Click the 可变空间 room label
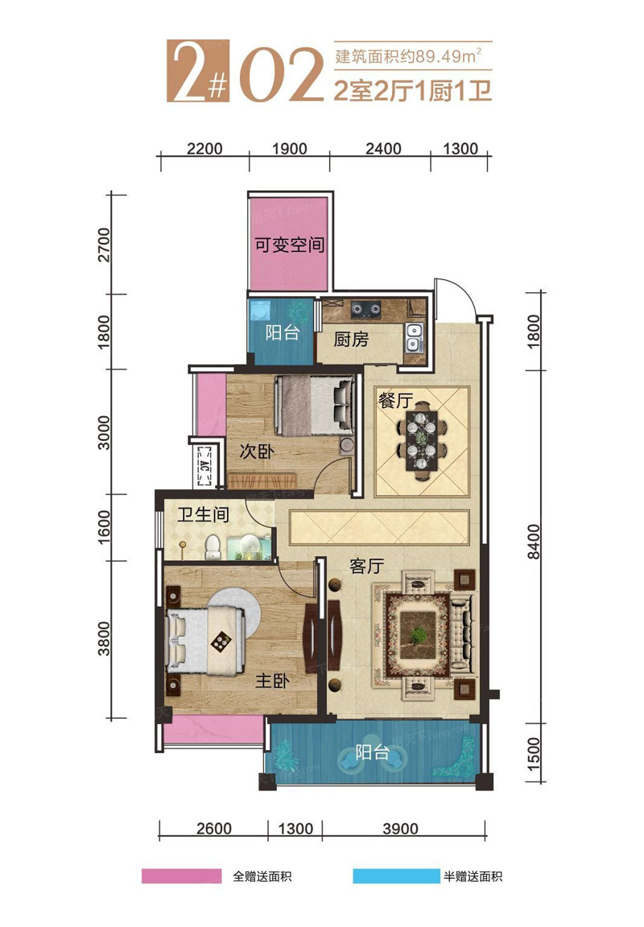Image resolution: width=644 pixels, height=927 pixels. click(x=290, y=245)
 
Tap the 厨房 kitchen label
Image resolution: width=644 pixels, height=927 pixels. click(x=351, y=340)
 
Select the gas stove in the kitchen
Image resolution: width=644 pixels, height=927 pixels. click(x=366, y=308)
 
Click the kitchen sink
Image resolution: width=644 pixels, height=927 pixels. click(x=414, y=337)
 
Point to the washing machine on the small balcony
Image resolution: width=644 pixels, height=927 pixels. click(x=260, y=311)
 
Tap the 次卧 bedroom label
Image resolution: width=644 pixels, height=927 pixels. click(x=257, y=451)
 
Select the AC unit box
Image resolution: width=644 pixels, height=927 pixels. click(x=204, y=464)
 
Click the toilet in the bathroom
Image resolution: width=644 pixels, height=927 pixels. click(x=213, y=547)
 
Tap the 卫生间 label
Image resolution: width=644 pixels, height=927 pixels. click(x=204, y=514)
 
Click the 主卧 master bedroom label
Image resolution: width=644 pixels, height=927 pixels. click(x=272, y=681)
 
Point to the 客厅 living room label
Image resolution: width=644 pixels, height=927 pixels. click(x=366, y=566)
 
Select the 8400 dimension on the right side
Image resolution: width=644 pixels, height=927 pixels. click(x=533, y=542)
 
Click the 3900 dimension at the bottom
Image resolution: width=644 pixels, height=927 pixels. click(x=400, y=828)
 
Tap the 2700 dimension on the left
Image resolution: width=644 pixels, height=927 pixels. click(x=104, y=245)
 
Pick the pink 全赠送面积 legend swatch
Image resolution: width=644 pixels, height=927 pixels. click(x=182, y=875)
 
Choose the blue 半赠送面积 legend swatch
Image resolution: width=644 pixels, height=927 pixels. click(x=394, y=875)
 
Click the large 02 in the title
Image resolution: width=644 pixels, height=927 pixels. click(x=282, y=73)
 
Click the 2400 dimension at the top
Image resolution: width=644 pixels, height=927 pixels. click(x=383, y=148)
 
